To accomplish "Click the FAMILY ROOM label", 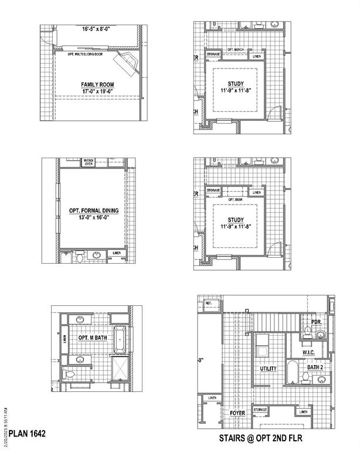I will pos(97,85).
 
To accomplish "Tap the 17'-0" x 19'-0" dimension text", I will pos(97,92).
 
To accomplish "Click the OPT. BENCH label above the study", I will pos(235,50).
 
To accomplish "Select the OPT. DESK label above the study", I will pos(235,199).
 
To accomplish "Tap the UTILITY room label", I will pos(269,369).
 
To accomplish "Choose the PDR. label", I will pos(317,322).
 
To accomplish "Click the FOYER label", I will pos(237,413).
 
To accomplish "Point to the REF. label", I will pos(209,304).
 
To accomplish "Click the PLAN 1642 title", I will pos(27,434).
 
